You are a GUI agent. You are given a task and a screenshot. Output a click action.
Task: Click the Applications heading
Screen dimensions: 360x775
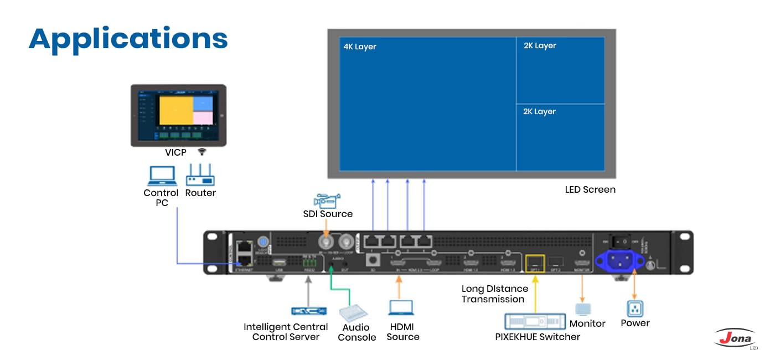[128, 39]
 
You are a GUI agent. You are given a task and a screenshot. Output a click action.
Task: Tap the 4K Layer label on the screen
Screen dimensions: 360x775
[360, 47]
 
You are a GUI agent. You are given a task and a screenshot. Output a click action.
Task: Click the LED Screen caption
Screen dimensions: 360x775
[590, 189]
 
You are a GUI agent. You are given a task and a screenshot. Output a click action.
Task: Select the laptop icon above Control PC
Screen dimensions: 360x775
[162, 176]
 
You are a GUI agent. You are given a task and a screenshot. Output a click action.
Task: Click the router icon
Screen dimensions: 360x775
[200, 176]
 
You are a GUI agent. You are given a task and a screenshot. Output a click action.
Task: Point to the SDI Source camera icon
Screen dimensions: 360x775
[327, 200]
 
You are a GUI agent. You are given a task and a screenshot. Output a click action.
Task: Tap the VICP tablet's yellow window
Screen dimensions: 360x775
[175, 109]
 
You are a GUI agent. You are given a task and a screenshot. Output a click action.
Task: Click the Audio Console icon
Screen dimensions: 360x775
[353, 313]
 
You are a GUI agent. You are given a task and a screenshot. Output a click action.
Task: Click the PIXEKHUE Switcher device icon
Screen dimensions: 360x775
[534, 321]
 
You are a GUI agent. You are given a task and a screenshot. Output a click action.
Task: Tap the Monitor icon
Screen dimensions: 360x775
[583, 309]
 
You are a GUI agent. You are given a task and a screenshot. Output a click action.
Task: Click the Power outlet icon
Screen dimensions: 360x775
[634, 308]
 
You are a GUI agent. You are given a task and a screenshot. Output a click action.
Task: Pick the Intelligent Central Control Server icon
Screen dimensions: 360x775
[308, 311]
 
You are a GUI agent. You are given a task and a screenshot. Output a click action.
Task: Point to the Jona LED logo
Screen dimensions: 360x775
[735, 338]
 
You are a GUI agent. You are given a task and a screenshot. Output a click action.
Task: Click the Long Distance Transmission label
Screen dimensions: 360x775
[494, 294]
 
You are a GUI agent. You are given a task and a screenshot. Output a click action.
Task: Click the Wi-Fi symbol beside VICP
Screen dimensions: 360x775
[201, 152]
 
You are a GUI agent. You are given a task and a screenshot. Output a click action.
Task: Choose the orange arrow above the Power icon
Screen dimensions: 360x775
[634, 285]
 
